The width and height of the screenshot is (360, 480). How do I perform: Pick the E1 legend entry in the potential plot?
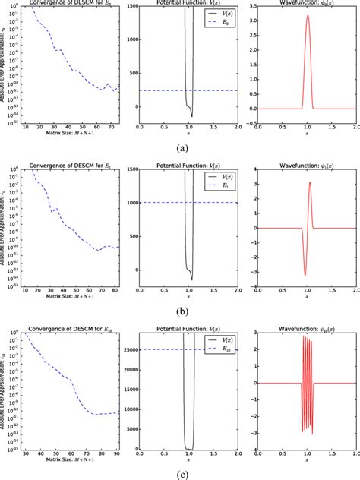pyautogui.click(x=216, y=185)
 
